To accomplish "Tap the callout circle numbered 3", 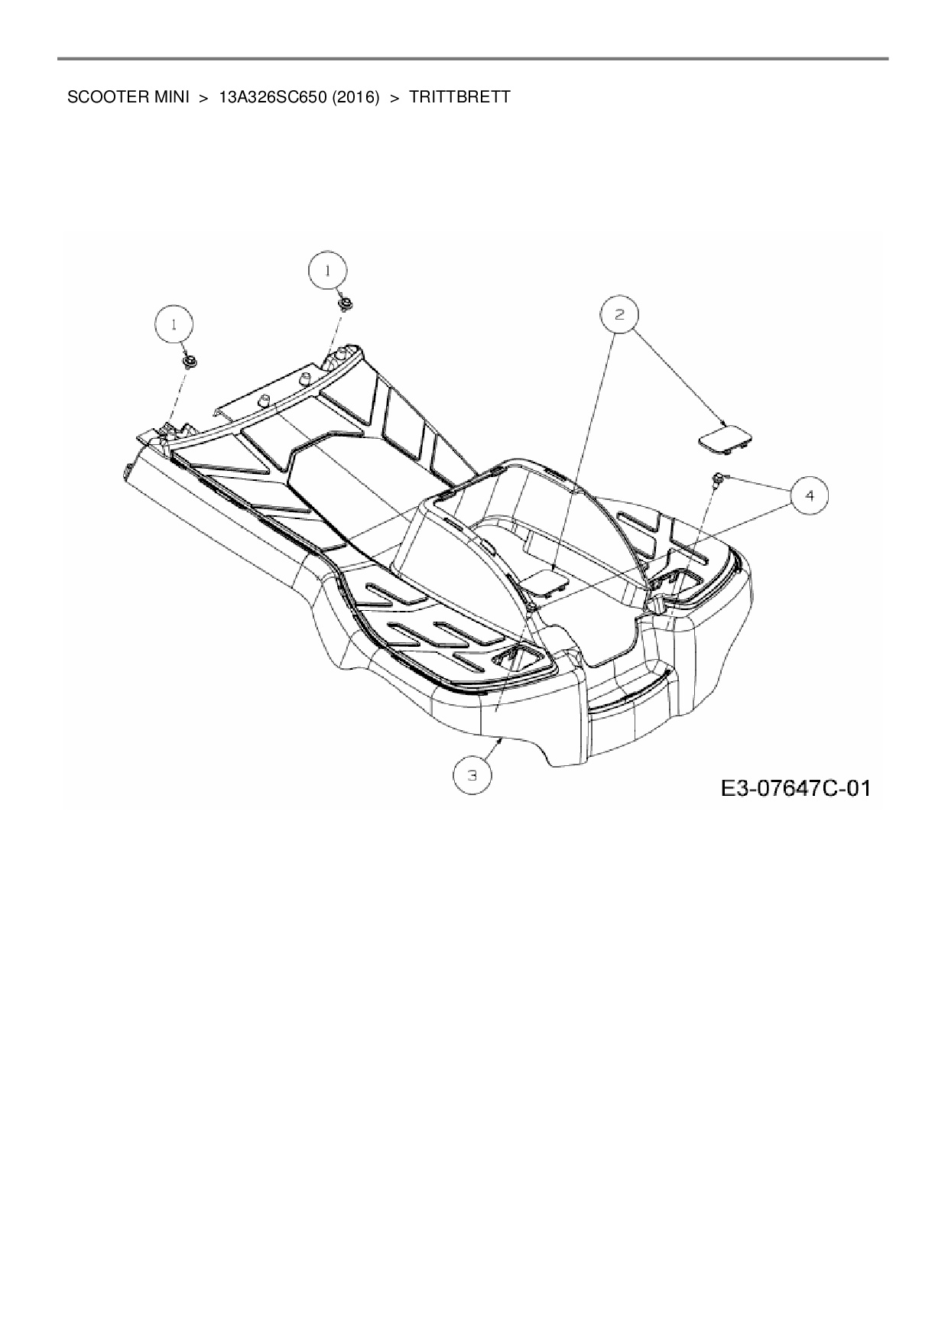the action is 473,774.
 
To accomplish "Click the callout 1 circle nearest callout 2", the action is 327,271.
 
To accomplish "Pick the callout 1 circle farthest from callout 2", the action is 175,324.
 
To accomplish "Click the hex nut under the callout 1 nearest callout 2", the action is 344,304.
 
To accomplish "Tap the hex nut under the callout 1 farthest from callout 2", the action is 187,361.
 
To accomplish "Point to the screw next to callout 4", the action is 718,479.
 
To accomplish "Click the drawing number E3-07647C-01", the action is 796,787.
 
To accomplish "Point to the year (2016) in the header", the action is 355,98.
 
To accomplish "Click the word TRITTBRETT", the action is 459,98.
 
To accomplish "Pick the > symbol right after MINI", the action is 203,98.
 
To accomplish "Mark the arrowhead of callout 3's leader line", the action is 500,739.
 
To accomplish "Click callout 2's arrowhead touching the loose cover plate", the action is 723,424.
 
